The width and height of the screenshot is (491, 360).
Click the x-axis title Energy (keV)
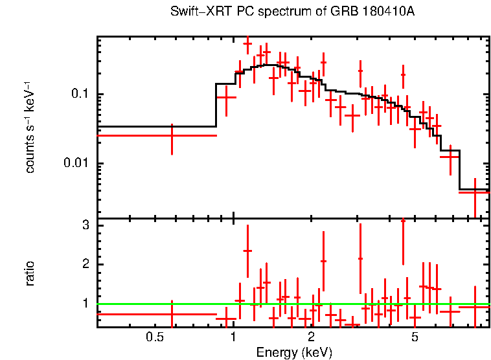(294, 353)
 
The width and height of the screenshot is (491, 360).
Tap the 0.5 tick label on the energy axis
(154, 337)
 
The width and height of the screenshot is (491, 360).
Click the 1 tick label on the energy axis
(233, 337)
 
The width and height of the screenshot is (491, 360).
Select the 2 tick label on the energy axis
(311, 337)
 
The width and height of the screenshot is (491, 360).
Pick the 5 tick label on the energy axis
(415, 337)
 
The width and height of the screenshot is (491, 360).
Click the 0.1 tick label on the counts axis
(80, 95)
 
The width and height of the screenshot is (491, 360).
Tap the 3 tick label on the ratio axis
(84, 225)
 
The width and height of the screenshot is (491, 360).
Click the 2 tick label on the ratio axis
(84, 264)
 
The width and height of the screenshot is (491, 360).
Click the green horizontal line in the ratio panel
(291, 304)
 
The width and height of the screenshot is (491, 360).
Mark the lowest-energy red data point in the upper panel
(172, 135)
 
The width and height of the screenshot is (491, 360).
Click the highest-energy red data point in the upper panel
(475, 191)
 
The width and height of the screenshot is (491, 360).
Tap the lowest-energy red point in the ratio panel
(172, 314)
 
